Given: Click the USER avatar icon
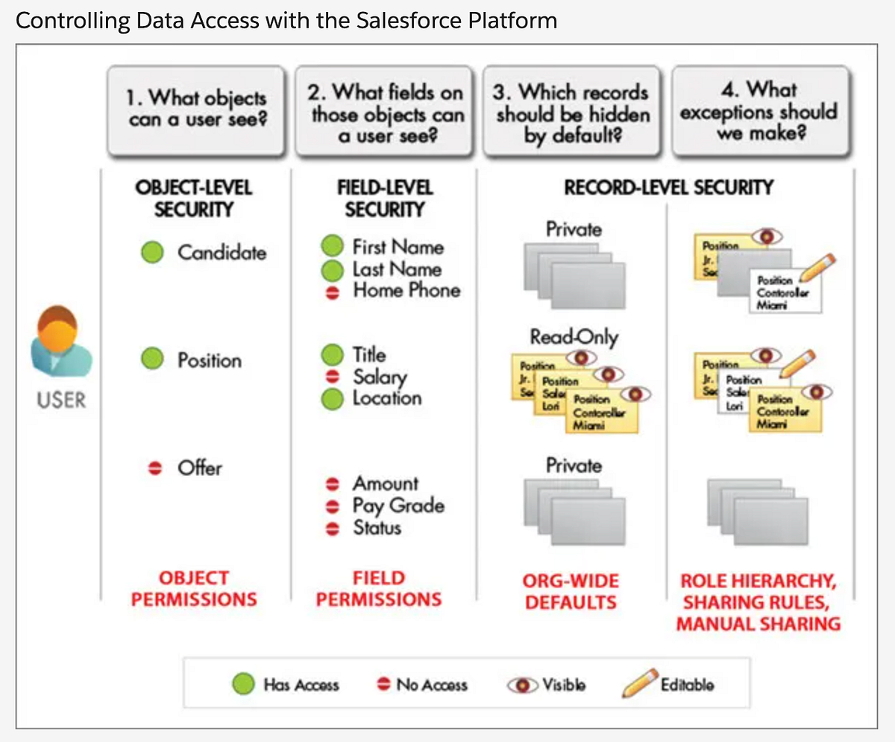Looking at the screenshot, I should (x=61, y=344).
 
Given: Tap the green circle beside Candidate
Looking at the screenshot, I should (x=153, y=252).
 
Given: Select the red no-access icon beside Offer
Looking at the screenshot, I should (x=155, y=468).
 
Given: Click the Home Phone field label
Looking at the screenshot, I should (x=406, y=291).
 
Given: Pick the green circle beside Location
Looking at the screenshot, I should (x=332, y=399).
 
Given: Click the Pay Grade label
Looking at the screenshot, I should (x=398, y=506).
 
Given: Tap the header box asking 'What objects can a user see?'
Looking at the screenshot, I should (x=196, y=110).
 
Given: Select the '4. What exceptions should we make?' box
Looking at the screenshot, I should (x=760, y=110).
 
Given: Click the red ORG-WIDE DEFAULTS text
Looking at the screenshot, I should (x=571, y=591).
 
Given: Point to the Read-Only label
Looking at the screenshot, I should (x=574, y=337).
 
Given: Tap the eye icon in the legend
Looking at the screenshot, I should (x=524, y=685).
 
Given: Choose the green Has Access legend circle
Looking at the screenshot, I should (x=244, y=684).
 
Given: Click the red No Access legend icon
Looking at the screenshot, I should (x=383, y=685).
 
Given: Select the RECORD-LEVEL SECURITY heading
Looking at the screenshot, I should (x=668, y=188).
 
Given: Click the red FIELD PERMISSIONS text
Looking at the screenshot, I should (x=379, y=588).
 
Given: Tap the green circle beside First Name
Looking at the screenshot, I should (x=332, y=246).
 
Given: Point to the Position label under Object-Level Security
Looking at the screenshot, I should (x=210, y=360).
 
